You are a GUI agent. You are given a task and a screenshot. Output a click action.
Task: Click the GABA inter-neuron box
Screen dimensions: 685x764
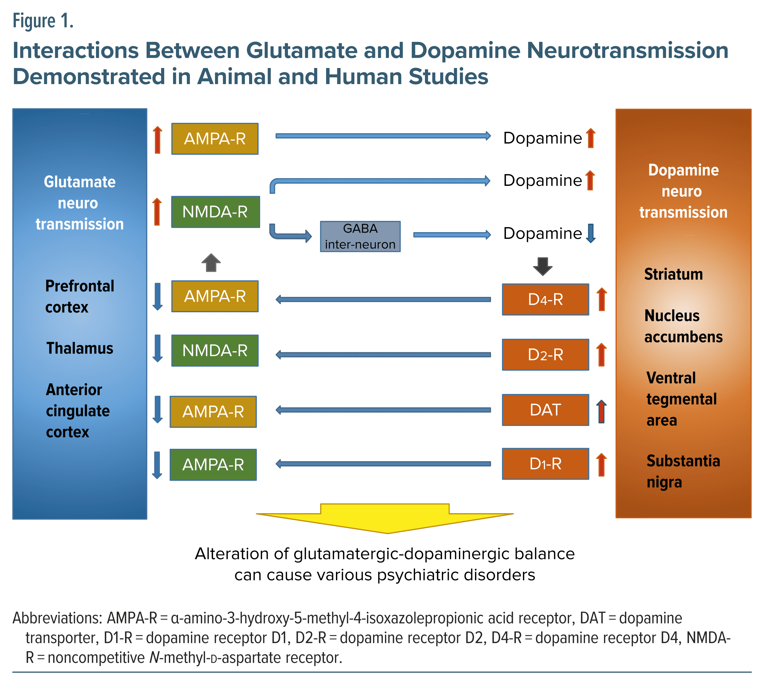click(360, 236)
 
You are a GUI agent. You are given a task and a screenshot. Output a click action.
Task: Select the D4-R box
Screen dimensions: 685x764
click(545, 300)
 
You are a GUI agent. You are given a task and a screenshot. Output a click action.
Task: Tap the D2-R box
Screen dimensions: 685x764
click(545, 355)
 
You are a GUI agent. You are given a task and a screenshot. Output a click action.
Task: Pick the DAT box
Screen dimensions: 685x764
click(545, 410)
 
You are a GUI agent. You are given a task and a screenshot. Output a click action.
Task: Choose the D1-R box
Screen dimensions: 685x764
click(545, 464)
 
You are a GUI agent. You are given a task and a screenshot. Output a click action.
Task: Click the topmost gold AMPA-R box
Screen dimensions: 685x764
click(215, 139)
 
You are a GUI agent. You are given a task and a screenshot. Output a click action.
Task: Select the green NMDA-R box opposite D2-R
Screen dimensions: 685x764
click(215, 350)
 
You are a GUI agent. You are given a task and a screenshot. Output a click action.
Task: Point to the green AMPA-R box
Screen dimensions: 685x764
click(213, 464)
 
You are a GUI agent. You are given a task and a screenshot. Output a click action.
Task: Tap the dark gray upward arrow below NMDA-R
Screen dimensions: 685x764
click(211, 263)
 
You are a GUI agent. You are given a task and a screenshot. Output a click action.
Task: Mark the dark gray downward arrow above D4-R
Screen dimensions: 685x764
click(542, 266)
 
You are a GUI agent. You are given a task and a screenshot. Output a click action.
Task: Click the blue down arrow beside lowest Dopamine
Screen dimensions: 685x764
click(591, 233)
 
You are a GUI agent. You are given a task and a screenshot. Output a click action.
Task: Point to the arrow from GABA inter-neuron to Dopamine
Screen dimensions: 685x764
click(452, 235)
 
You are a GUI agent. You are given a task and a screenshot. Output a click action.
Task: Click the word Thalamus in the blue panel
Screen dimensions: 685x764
click(80, 348)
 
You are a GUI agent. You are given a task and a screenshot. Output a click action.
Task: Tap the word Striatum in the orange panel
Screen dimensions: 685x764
click(673, 274)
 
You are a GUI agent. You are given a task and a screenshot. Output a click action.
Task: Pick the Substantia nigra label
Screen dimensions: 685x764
click(683, 471)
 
